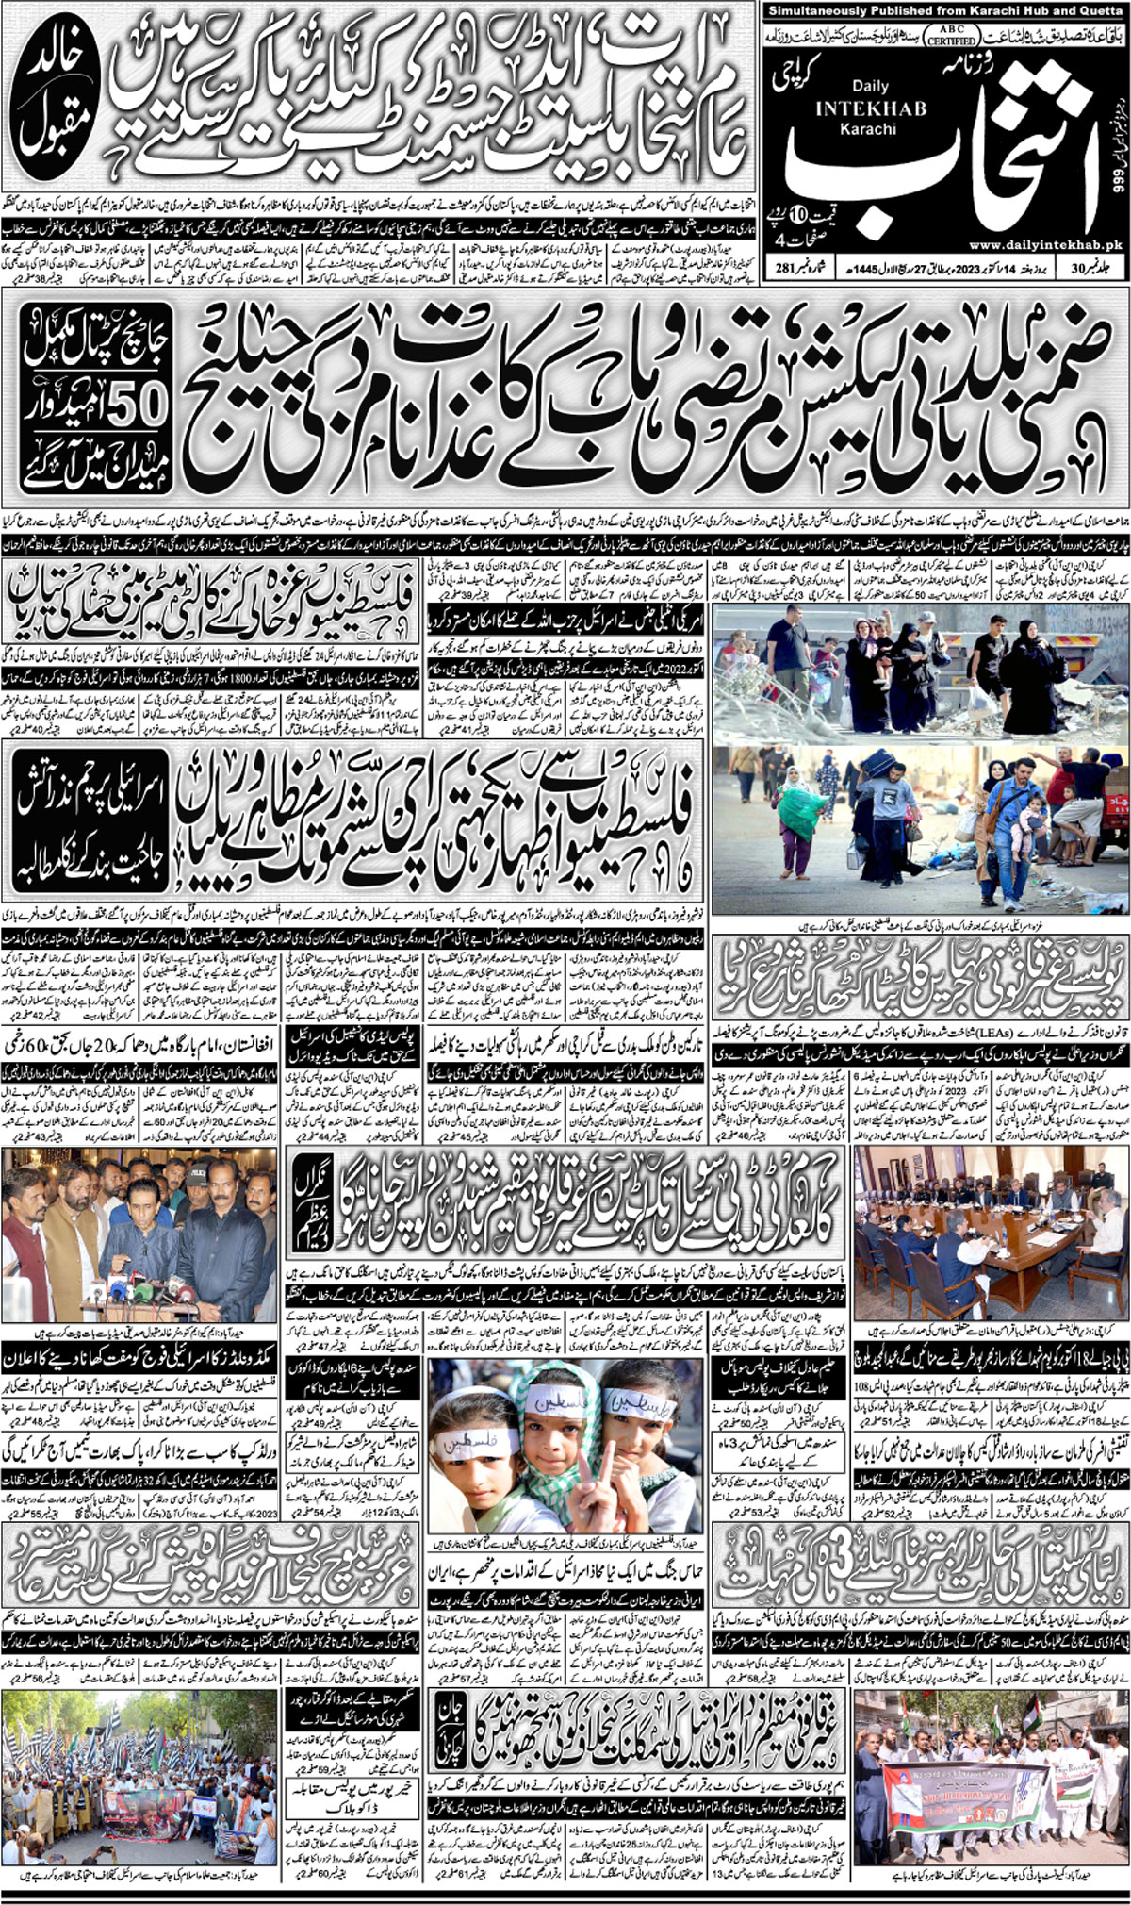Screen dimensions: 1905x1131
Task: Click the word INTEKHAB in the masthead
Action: pos(857,108)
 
